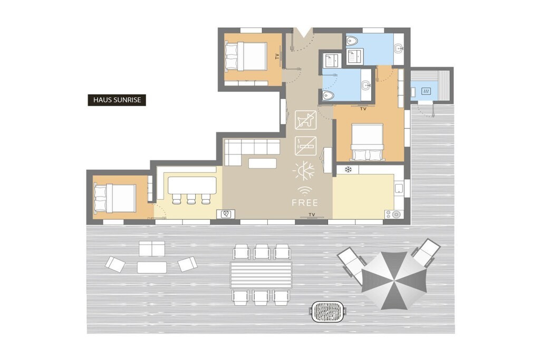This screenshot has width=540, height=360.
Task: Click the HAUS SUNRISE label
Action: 117,100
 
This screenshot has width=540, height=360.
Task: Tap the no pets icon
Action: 305,120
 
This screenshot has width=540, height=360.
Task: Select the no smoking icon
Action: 305,146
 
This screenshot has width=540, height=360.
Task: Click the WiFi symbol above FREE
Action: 305,191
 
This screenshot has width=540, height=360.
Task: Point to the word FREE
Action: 305,203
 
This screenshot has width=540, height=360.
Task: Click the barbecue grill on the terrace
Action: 327,312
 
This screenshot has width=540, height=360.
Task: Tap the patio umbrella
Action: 394,280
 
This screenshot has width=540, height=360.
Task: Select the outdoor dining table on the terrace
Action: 261,275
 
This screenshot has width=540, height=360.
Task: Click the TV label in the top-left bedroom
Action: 277,56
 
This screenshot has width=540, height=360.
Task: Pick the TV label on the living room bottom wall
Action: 312,215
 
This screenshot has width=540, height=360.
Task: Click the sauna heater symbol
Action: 426,91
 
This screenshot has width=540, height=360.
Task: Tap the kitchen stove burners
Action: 394,215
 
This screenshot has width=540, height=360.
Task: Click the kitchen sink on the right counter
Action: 399,188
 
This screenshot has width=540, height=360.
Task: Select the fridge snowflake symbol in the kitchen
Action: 348,169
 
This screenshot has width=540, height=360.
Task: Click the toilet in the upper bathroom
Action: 352,41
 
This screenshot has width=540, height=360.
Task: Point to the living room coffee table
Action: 263,163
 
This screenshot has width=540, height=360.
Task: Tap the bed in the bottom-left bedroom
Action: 115,198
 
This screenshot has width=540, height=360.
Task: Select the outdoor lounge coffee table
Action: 152,267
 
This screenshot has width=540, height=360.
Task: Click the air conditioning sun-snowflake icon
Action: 304,171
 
